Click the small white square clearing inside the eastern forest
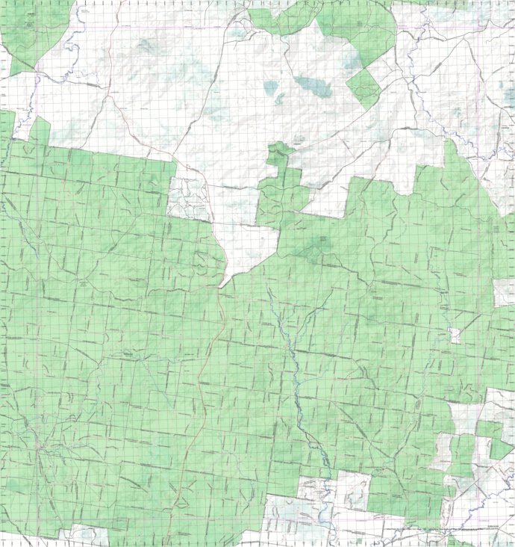coord(455,336)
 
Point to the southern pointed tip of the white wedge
coord(221,285)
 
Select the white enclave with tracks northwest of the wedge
coord(187,197)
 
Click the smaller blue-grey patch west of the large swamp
coord(270,89)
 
